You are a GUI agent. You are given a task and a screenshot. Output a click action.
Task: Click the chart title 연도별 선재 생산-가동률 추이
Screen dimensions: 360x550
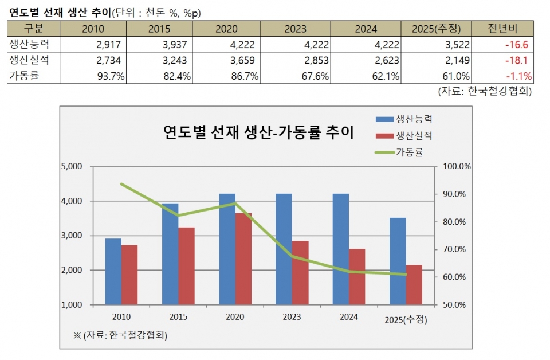coord(258,133)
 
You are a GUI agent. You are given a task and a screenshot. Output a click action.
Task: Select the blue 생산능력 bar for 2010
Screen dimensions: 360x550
coord(113,271)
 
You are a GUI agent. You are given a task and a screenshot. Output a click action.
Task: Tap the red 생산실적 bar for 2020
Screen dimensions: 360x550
coord(243,259)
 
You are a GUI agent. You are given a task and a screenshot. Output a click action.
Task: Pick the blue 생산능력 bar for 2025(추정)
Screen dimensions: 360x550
coord(398,261)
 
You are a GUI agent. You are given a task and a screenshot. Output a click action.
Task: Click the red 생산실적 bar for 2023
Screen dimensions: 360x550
coord(300,272)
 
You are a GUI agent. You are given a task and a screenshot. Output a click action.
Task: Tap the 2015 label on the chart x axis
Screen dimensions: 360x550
coord(178,317)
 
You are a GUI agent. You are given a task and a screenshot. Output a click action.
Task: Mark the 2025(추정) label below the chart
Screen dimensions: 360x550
coord(406,319)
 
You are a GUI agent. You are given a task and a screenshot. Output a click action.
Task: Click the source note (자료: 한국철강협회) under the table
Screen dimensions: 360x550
coord(485,91)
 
